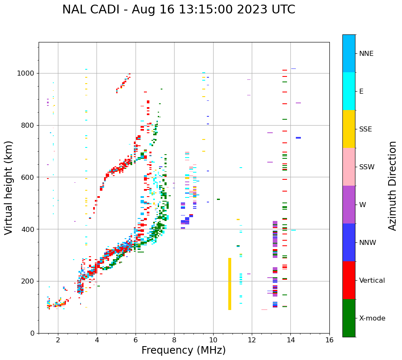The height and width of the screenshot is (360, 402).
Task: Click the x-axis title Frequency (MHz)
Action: (x=183, y=350)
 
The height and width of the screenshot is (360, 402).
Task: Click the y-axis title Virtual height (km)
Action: (x=9, y=188)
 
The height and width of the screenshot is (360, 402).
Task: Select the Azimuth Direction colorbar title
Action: (x=392, y=186)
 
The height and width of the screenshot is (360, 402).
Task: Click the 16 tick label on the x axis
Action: (x=329, y=340)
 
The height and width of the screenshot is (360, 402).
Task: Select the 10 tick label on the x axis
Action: (x=213, y=340)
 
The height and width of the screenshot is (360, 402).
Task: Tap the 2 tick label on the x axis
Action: (x=58, y=340)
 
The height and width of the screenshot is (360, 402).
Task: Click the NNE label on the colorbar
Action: (x=366, y=54)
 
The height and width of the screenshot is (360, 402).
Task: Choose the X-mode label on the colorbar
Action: (x=372, y=318)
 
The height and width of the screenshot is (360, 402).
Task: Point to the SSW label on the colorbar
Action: (x=367, y=167)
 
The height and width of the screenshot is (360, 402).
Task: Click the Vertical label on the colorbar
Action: (x=372, y=281)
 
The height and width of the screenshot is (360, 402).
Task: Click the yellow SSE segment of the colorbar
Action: (x=349, y=129)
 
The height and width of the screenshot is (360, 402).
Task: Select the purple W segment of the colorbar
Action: (x=349, y=205)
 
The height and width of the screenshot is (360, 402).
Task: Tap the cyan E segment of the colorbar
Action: (x=349, y=91)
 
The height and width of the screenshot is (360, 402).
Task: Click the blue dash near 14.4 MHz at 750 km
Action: (x=298, y=138)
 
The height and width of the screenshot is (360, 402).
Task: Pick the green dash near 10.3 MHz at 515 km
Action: (x=218, y=199)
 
